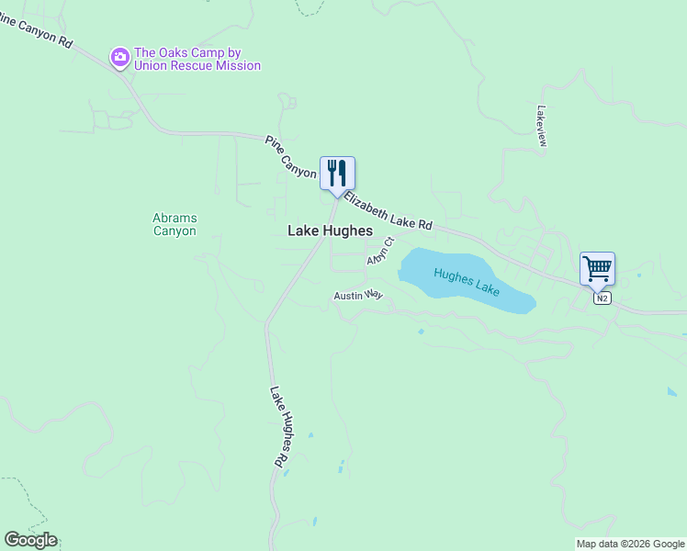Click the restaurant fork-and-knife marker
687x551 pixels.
coord(337,174)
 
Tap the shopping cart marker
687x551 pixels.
coord(597,269)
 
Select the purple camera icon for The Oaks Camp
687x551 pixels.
coord(119,59)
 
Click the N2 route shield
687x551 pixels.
coord(602,298)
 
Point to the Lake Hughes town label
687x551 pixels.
coord(330,231)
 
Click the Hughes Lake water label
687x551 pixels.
coord(467,281)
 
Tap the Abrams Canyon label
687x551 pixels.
coord(175,225)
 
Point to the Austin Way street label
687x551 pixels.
coord(357,296)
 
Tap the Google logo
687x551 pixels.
coord(30,540)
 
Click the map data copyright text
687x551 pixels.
coord(630,544)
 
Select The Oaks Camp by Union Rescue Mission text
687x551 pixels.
coord(197,59)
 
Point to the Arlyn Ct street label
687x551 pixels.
coord(380,252)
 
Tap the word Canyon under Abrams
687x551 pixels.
coord(175,231)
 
